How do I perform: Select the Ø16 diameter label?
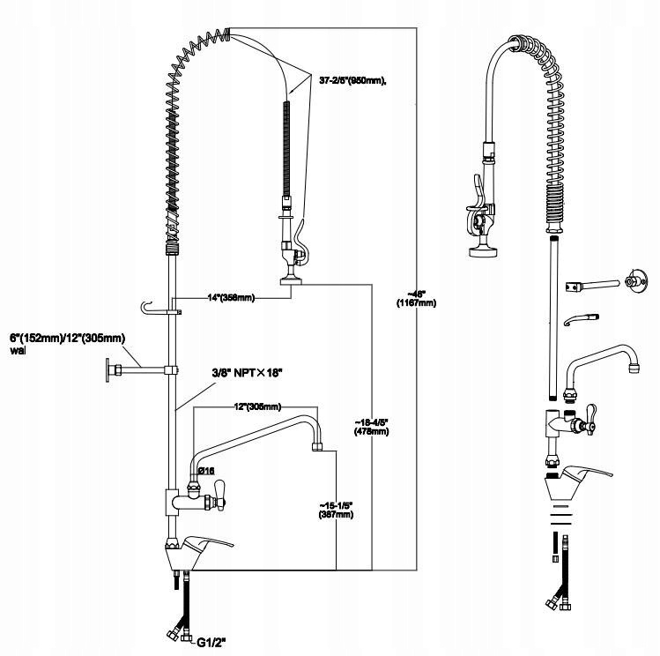[204, 471]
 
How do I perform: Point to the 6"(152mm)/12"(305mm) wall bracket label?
[66, 343]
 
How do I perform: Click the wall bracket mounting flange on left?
[110, 369]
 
